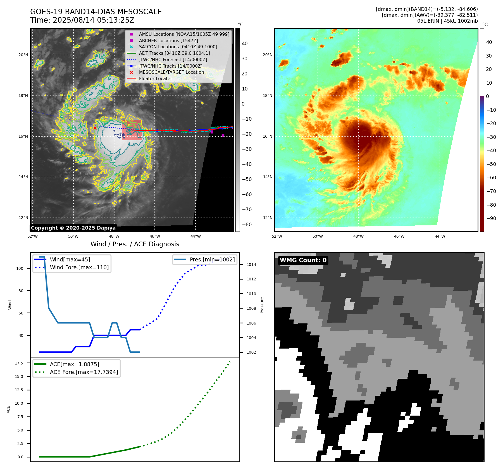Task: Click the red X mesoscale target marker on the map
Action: (x=95, y=128)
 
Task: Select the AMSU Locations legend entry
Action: (x=184, y=34)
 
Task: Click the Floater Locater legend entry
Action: (x=155, y=79)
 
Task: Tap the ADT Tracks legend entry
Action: (x=174, y=53)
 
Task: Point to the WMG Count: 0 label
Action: (x=303, y=260)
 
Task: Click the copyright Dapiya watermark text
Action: (x=73, y=228)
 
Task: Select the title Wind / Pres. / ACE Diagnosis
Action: (x=135, y=244)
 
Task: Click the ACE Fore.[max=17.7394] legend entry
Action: (x=84, y=372)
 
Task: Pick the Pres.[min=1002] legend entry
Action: (x=212, y=259)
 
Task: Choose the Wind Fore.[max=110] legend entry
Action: (x=79, y=267)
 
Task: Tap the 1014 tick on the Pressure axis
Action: (x=251, y=264)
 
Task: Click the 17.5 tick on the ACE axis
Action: (x=19, y=363)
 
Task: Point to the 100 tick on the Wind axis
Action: (x=20, y=268)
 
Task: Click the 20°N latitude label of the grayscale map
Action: (x=23, y=55)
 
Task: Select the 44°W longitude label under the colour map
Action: (x=440, y=236)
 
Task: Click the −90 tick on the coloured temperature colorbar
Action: (x=491, y=218)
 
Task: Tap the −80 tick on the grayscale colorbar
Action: (x=247, y=225)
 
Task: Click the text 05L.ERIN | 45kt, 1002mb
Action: (x=447, y=21)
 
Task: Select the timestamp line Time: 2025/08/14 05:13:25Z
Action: (x=82, y=20)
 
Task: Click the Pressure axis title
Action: (x=262, y=305)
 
